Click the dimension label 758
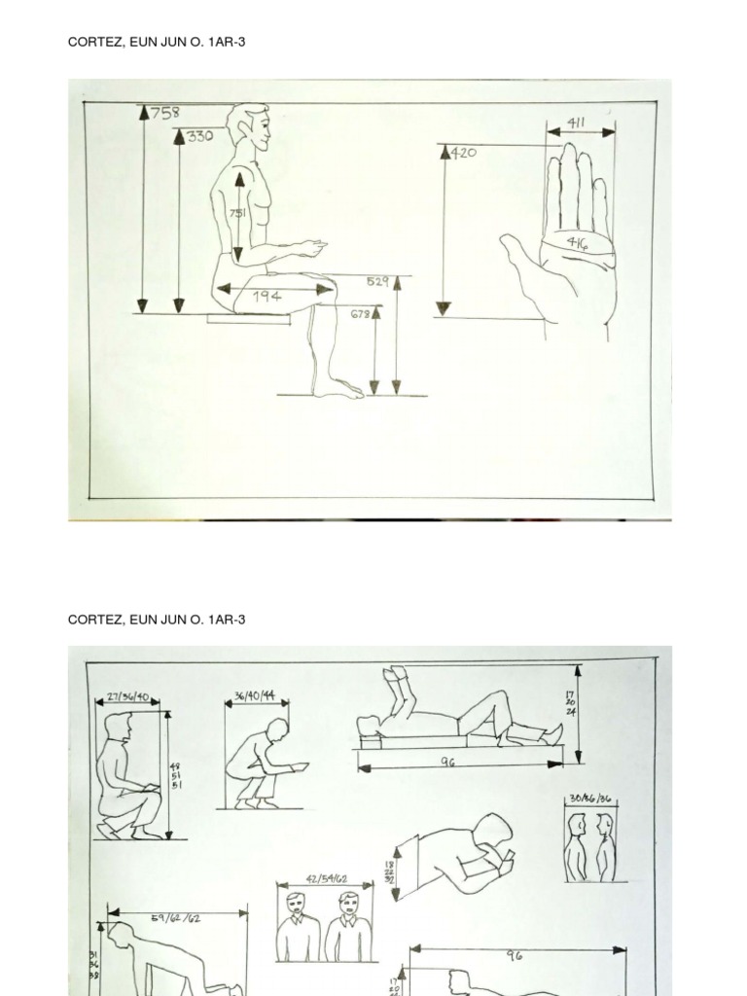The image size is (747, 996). (x=165, y=112)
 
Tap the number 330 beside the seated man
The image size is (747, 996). (x=200, y=136)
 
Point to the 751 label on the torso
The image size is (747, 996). (x=237, y=213)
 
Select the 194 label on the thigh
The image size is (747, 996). (x=267, y=296)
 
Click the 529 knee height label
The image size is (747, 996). (x=377, y=282)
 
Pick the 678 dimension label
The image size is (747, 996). (x=360, y=314)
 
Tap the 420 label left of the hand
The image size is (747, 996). (x=464, y=153)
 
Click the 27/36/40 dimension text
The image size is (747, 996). (x=128, y=696)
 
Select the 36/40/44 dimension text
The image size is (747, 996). (x=255, y=696)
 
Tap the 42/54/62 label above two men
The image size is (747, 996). (x=326, y=878)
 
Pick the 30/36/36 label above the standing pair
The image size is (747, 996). (x=590, y=799)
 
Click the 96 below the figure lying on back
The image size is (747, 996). (x=447, y=764)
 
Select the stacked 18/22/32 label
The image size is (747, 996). (x=390, y=871)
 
